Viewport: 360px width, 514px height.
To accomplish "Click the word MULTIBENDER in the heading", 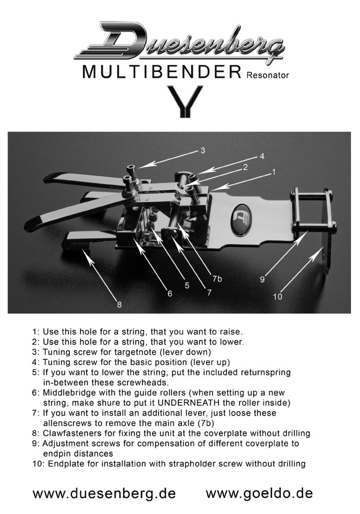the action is tap(162, 72).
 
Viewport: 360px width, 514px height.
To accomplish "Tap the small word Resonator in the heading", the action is tap(268, 75).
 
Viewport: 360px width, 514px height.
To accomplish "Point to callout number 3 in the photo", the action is tap(202, 150).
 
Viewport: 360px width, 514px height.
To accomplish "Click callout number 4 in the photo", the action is tap(262, 156).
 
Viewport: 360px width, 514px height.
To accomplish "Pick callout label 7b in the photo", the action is tap(217, 279).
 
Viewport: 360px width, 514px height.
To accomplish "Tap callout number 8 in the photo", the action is tap(119, 305).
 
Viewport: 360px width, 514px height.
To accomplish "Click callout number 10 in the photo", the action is tap(278, 297).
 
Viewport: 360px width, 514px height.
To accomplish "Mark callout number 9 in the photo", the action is tap(262, 280).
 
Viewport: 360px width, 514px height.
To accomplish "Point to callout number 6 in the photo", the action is tap(170, 293).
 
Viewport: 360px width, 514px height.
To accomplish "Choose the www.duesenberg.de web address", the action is tap(104, 493).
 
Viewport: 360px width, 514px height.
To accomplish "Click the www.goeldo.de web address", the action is tap(259, 493).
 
